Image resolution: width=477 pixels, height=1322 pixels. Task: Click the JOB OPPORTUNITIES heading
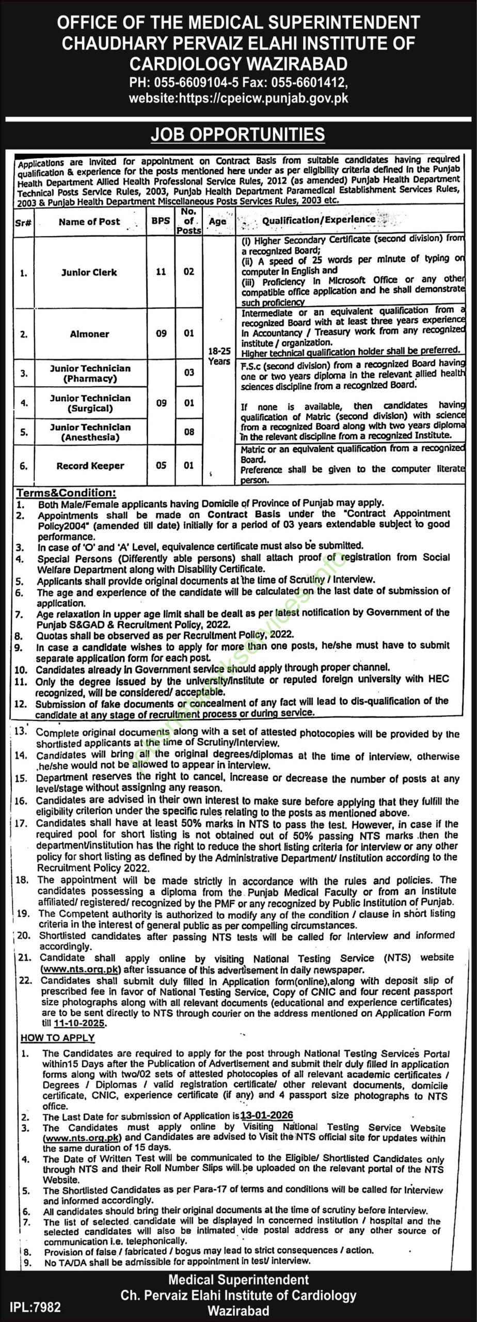pyautogui.click(x=238, y=134)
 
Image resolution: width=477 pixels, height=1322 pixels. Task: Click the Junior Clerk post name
pyautogui.click(x=89, y=272)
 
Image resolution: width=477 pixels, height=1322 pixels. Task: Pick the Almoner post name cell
pyautogui.click(x=89, y=334)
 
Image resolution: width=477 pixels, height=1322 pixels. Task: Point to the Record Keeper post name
pyautogui.click(x=90, y=466)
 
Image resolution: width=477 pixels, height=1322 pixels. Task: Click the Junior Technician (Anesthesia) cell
pyautogui.click(x=90, y=432)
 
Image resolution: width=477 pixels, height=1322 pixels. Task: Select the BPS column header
pyautogui.click(x=161, y=221)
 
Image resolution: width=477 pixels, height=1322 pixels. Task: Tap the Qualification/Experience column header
pyautogui.click(x=319, y=219)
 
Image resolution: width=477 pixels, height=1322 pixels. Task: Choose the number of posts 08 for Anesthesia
pyautogui.click(x=189, y=432)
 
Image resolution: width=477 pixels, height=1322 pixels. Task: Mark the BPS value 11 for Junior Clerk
pyautogui.click(x=161, y=272)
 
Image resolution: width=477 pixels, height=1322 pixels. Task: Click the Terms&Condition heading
pyautogui.click(x=67, y=493)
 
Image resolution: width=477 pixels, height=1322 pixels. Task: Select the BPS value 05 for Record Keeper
pyautogui.click(x=161, y=465)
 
